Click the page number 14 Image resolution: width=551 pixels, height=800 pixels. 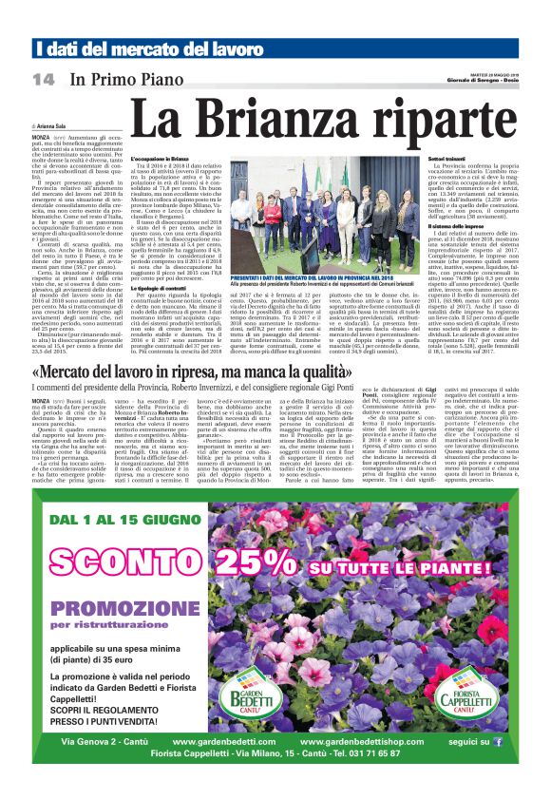(42, 78)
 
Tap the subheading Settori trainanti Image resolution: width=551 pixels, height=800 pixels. (422, 157)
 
